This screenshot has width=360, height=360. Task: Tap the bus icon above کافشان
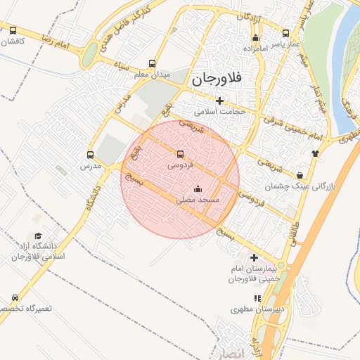tap(13, 30)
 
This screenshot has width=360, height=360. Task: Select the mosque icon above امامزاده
tap(255, 39)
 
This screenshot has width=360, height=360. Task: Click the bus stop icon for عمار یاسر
tap(285, 33)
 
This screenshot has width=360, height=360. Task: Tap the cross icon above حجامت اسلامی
tap(219, 101)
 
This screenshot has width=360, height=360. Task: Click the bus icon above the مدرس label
tap(90, 155)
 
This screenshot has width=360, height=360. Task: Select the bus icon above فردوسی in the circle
tap(180, 154)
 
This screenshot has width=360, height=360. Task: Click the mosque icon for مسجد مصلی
tap(197, 188)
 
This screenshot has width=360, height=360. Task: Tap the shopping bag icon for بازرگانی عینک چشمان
tap(300, 175)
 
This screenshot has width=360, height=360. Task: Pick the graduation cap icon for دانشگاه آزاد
tap(38, 236)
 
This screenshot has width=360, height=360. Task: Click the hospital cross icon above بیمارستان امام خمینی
tap(254, 258)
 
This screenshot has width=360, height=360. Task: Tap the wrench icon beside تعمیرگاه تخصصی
tap(15, 298)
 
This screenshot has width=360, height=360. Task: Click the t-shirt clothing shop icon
tap(314, 152)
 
